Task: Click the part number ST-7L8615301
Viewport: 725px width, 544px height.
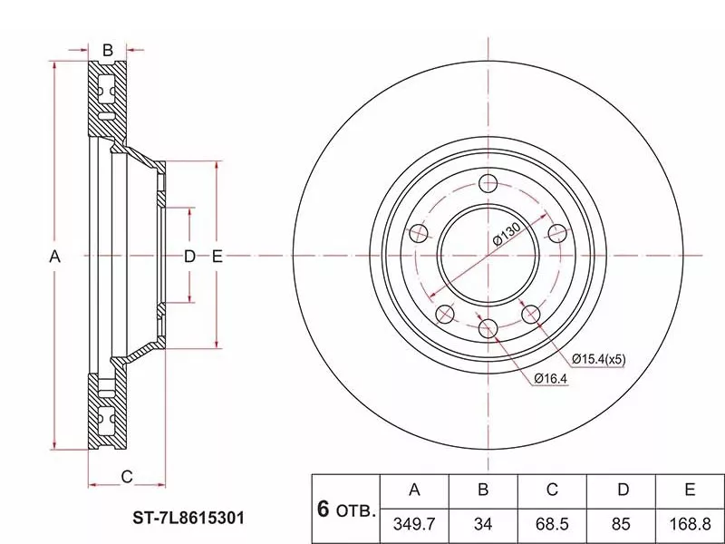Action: (x=188, y=518)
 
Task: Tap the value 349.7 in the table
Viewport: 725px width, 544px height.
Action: (x=414, y=524)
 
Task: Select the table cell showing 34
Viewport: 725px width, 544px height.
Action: (x=483, y=524)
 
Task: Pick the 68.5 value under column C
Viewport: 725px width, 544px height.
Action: (x=552, y=524)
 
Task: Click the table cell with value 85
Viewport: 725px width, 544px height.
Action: (x=621, y=524)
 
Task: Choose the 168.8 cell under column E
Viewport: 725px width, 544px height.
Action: (x=690, y=524)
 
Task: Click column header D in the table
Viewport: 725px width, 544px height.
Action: (x=623, y=490)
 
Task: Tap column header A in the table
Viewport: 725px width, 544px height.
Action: (x=414, y=490)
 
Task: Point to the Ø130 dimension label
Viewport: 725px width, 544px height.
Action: (x=507, y=233)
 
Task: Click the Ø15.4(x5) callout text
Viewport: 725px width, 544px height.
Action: (x=599, y=359)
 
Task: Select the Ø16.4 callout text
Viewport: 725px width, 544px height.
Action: (x=550, y=378)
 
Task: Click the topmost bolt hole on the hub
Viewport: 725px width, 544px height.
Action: (x=488, y=183)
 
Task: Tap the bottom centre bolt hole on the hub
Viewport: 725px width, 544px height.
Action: (x=488, y=328)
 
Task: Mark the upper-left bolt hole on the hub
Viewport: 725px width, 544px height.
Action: (x=419, y=233)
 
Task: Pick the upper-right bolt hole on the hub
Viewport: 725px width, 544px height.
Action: (x=557, y=233)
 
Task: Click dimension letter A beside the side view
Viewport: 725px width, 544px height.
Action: (x=54, y=256)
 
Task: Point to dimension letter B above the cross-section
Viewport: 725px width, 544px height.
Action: (x=107, y=50)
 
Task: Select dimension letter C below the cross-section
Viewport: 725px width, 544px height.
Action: (x=127, y=477)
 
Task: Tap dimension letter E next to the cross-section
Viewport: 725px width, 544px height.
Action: (x=217, y=256)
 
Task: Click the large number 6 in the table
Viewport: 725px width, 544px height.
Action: (x=324, y=509)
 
